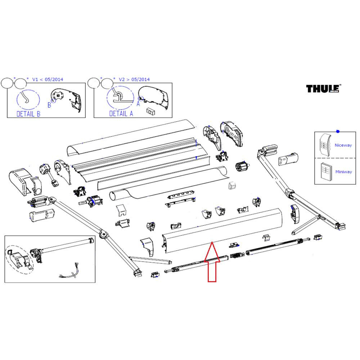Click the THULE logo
click(x=324, y=89)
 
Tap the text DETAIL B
click(x=28, y=114)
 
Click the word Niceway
click(x=343, y=145)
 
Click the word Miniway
click(x=343, y=172)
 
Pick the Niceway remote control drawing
click(x=325, y=144)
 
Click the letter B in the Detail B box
click(x=49, y=105)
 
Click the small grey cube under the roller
click(x=232, y=185)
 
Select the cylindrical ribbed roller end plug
click(x=240, y=167)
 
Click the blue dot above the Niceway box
click(x=337, y=131)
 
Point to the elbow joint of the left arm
click(x=103, y=234)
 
